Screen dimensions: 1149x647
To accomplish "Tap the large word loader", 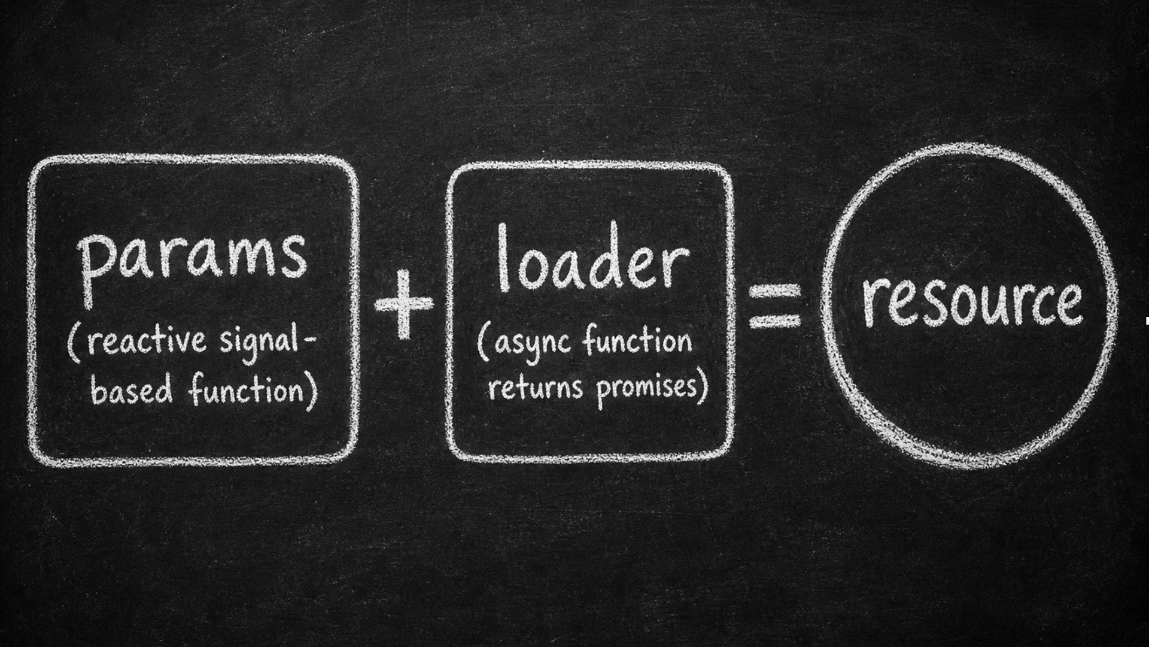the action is coord(592,258).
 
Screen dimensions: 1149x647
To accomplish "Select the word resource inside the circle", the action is coord(972,301).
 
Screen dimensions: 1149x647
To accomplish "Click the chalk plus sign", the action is coord(404,304).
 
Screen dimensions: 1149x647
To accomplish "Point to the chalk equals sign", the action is coord(776,306).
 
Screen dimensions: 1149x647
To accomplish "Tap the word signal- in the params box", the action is coord(267,345).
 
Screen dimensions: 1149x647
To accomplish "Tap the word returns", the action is coord(536,387).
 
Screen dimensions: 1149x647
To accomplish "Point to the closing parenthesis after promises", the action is coord(704,387).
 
